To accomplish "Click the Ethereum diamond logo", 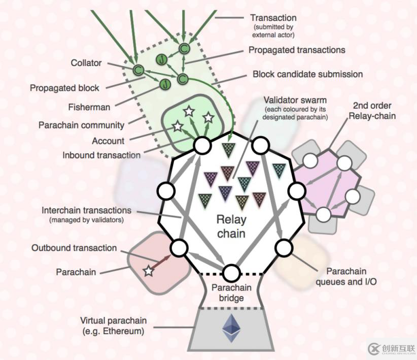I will click(x=231, y=328).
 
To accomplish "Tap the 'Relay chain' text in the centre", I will click(x=231, y=226).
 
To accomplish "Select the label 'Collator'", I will click(x=87, y=63).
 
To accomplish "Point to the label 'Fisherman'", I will click(x=89, y=107).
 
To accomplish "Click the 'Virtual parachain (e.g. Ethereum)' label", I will click(x=114, y=326).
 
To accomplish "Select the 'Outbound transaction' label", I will click(x=74, y=248).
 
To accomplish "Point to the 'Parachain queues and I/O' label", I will click(x=346, y=276).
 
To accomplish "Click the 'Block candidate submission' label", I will click(x=308, y=74).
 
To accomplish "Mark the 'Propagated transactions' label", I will click(x=297, y=50).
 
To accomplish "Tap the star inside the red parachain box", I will click(x=148, y=271).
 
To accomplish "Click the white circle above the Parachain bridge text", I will click(x=231, y=272).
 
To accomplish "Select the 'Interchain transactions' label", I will click(x=87, y=210).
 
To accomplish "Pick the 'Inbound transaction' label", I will click(x=101, y=155).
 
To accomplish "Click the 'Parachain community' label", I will click(x=82, y=124).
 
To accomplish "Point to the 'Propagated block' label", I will click(x=64, y=88).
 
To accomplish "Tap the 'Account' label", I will click(x=108, y=141).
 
